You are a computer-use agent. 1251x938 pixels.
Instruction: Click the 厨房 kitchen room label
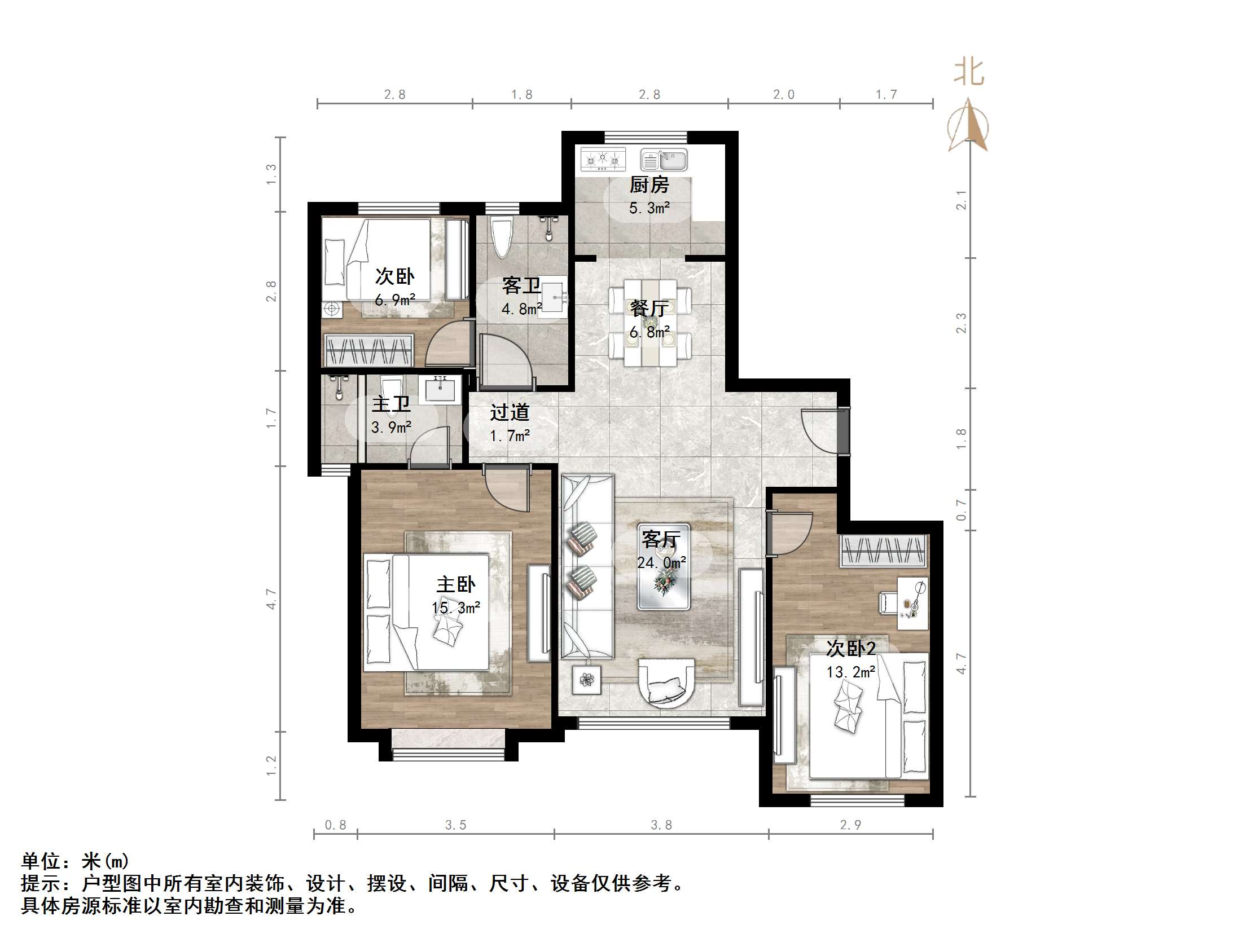pos(649,185)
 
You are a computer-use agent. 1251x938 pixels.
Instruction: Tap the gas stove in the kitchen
pos(603,160)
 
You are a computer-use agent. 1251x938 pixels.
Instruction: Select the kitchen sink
pos(664,160)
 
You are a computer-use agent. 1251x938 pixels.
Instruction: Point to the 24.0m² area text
pos(661,562)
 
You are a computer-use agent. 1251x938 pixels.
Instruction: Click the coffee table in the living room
pos(663,575)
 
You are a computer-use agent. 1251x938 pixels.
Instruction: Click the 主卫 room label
pos(391,405)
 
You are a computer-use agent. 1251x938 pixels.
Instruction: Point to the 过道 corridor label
pos(509,412)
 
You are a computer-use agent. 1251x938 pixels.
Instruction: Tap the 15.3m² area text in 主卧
pos(456,608)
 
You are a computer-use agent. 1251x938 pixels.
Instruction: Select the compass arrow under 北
pos(968,126)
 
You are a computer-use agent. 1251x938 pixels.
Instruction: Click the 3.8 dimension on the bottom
pos(661,825)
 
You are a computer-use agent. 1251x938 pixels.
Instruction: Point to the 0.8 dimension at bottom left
pos(335,825)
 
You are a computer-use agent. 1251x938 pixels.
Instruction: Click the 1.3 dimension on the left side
pos(271,174)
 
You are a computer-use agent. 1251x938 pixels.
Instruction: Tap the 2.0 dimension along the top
pos(783,94)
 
